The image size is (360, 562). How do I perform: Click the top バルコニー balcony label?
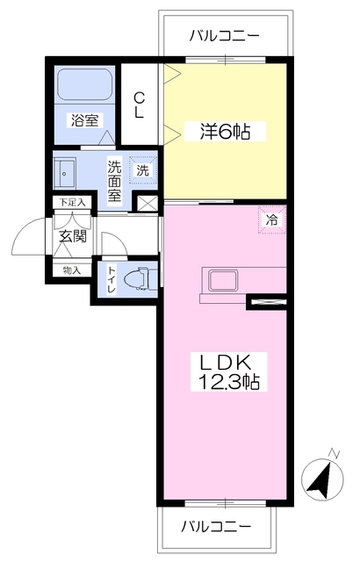tap(224, 36)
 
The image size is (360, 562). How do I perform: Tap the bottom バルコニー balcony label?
tap(216, 527)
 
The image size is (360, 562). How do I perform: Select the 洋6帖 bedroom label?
tap(225, 132)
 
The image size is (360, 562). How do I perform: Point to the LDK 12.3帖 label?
tap(228, 371)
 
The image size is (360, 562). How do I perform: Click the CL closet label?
tap(140, 105)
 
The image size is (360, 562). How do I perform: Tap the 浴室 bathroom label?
tap(84, 120)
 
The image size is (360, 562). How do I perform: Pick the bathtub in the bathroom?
tap(85, 84)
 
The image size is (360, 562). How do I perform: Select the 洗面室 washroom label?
tap(115, 181)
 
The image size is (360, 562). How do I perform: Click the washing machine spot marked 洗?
tap(143, 169)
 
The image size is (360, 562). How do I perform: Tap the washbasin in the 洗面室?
tap(64, 173)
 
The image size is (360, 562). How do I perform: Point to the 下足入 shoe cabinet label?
tap(72, 202)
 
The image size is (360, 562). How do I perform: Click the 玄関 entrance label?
tap(73, 236)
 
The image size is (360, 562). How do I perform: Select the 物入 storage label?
tap(72, 270)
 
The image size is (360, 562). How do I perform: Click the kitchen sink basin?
tap(222, 281)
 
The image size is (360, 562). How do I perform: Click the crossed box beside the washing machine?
tap(148, 204)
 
